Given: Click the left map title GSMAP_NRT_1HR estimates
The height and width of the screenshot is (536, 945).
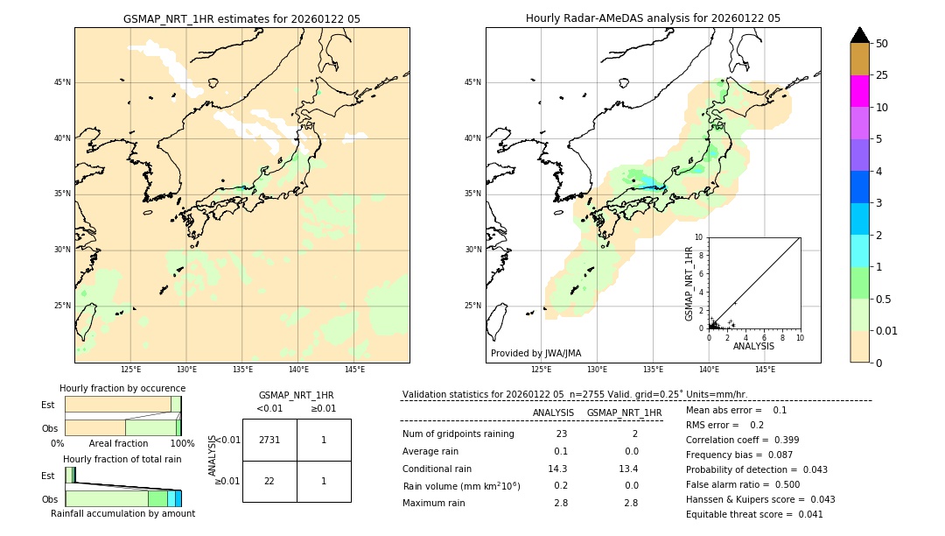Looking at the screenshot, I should point(241,18).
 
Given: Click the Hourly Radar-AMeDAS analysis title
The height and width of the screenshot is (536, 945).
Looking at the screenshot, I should point(653,18).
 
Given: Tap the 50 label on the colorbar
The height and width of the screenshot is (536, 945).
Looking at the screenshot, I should point(882,44).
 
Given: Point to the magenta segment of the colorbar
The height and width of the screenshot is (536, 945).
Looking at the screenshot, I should point(859,91).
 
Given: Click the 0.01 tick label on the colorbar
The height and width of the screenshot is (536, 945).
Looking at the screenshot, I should point(887,331).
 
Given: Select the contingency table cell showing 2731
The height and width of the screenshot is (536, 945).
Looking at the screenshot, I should point(269,441).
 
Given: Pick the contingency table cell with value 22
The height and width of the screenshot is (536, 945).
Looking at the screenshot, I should point(269,481).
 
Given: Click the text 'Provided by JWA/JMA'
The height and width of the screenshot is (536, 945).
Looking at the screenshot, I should point(535,353).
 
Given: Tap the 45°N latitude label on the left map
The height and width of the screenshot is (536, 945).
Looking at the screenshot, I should point(62,82).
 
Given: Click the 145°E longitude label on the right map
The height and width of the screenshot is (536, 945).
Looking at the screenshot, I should point(765,370).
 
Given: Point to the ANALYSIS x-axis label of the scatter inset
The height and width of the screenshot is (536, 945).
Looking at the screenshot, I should point(753,346).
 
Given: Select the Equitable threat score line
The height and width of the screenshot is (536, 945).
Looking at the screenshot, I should point(754,514).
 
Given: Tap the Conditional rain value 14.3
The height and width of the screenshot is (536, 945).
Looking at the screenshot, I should point(557,469).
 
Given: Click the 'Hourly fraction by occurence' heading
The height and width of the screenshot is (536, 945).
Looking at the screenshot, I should point(122,388).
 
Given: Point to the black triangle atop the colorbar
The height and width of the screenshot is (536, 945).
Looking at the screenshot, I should point(859,35).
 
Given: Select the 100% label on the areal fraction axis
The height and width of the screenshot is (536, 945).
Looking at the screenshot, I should point(181,443).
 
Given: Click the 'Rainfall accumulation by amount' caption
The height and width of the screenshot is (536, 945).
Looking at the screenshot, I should point(122,513).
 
